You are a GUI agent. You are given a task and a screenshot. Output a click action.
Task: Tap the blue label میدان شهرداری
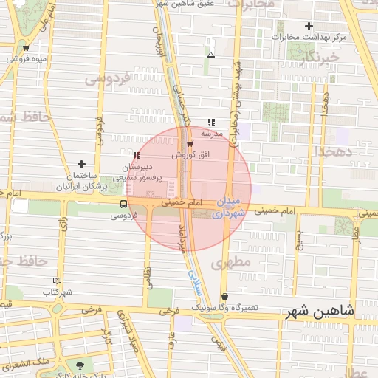pyautogui.click(x=227, y=207)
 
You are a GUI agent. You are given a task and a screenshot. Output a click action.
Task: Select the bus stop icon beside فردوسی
pyautogui.click(x=123, y=204)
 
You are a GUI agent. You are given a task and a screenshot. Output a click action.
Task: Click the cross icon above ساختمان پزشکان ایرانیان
pyautogui.click(x=81, y=164)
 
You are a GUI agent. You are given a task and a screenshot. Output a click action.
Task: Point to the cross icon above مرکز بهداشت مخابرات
pyautogui.click(x=309, y=26)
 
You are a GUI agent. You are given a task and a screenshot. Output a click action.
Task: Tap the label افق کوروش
pyautogui.click(x=191, y=155)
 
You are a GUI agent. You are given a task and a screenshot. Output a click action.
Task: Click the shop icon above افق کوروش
pyautogui.click(x=190, y=144)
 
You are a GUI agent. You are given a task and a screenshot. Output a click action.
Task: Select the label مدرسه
pyautogui.click(x=213, y=134)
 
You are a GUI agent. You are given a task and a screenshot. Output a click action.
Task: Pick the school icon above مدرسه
pyautogui.click(x=212, y=123)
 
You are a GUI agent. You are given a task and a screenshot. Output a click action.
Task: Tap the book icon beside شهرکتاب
pyautogui.click(x=58, y=281)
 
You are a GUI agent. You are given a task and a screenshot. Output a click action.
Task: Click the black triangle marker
pyautogui.click(x=211, y=55)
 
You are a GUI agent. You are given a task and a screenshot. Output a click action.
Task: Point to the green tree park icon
pyautogui.click(x=80, y=364)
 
